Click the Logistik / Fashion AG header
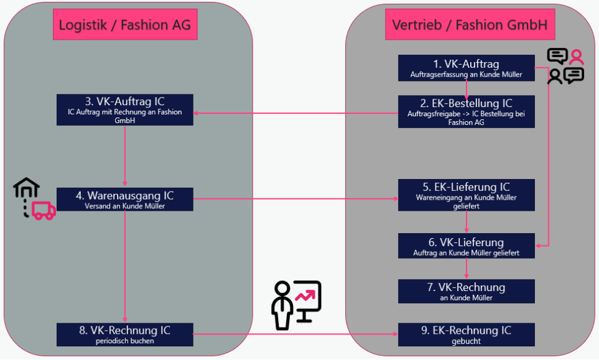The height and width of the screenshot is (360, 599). tap(124, 25)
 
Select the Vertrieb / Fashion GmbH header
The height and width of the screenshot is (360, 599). tap(470, 25)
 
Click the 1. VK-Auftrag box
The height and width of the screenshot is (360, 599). tap(466, 68)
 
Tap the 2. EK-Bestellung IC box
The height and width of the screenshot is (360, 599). tap(466, 111)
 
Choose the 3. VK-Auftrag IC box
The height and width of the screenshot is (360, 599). tap(124, 109)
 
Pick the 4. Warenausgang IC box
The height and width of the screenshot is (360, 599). tap(124, 200)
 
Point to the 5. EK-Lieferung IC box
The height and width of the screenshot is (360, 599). tap(466, 195)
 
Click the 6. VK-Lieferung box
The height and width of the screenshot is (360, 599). tap(466, 246)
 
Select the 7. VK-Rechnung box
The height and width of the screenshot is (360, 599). tap(466, 291)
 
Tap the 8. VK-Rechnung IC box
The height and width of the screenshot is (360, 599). tap(124, 335)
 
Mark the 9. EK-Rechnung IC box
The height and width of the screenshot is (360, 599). tap(466, 335)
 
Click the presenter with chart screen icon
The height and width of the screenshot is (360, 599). tap(296, 305)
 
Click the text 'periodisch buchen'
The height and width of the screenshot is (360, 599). tap(124, 341)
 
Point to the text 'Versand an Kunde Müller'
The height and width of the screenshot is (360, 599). tap(124, 206)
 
